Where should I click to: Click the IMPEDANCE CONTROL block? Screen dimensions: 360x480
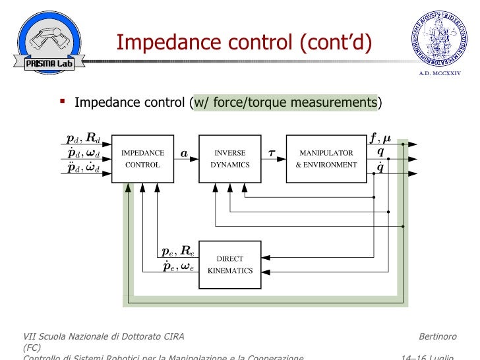tap(142, 159)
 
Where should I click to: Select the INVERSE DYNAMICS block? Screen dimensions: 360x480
tap(230, 159)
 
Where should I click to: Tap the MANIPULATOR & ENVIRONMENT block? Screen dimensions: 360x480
tap(326, 159)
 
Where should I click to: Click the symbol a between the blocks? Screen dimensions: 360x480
tap(184, 154)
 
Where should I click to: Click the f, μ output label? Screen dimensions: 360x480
tap(380, 138)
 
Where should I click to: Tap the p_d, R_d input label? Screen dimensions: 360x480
tap(84, 139)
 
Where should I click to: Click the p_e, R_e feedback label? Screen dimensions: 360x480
tap(177, 251)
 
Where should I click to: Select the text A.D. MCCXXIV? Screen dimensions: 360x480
tap(440, 73)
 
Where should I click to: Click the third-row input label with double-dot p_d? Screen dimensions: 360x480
tap(84, 168)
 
